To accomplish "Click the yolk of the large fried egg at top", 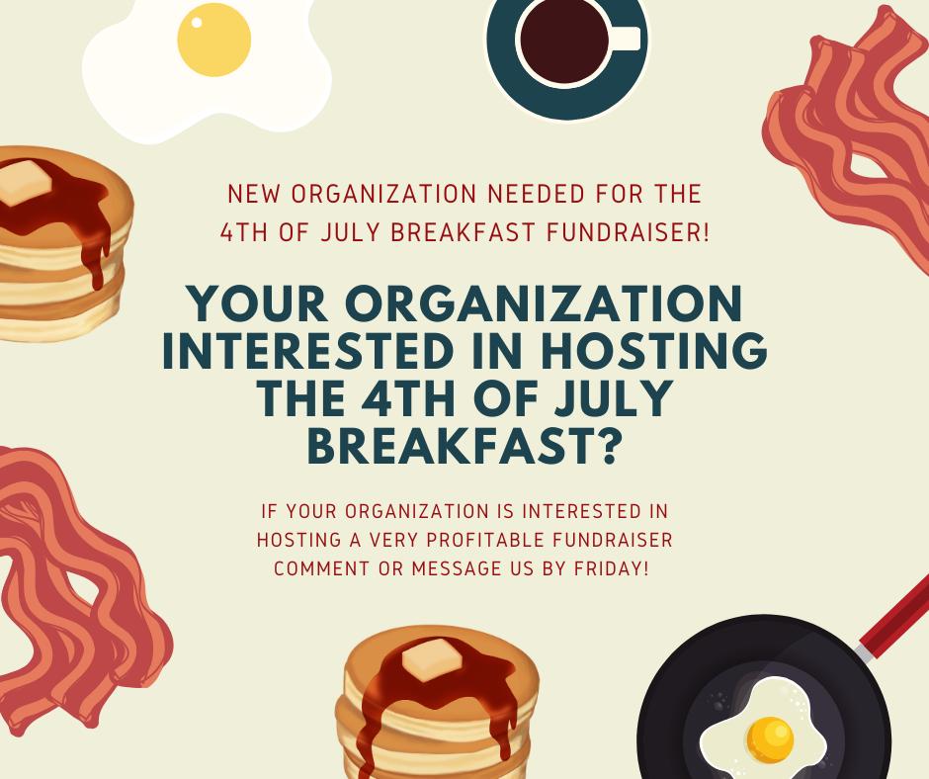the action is [213, 40].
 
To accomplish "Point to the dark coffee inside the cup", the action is [563, 41].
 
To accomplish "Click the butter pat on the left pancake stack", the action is [26, 183].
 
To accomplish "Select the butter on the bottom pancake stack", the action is [431, 659].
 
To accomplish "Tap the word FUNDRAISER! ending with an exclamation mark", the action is [628, 231].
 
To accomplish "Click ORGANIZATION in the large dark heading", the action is [544, 303].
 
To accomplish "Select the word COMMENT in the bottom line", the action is [321, 568].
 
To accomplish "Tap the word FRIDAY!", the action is [612, 568].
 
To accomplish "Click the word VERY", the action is [394, 540].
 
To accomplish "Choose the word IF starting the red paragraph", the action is [270, 511].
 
